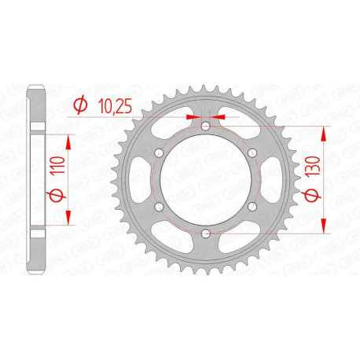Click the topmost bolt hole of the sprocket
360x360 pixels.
(205, 127)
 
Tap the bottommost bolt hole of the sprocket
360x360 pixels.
(205, 233)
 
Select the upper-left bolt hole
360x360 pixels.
(159, 153)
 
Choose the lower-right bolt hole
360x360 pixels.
(252, 207)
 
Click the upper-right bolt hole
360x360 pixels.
(252, 153)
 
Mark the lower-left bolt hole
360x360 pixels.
(159, 207)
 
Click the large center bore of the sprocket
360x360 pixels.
(205, 180)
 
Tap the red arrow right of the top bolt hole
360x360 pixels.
(218, 116)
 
